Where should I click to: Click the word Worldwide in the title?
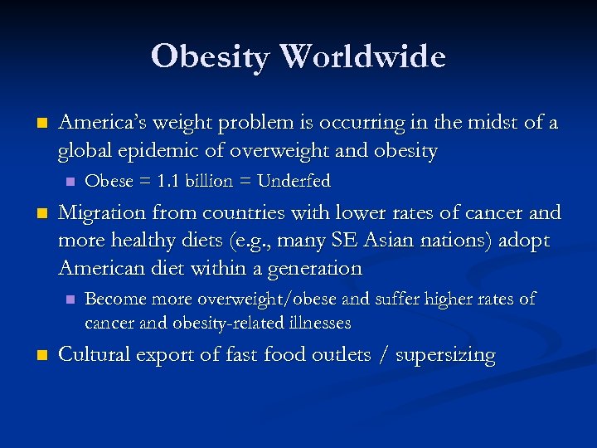(x=364, y=56)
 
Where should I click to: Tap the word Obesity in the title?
(x=211, y=56)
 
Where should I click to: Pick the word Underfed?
(x=294, y=181)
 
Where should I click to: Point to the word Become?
(x=115, y=299)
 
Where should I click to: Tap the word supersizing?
(x=446, y=356)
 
